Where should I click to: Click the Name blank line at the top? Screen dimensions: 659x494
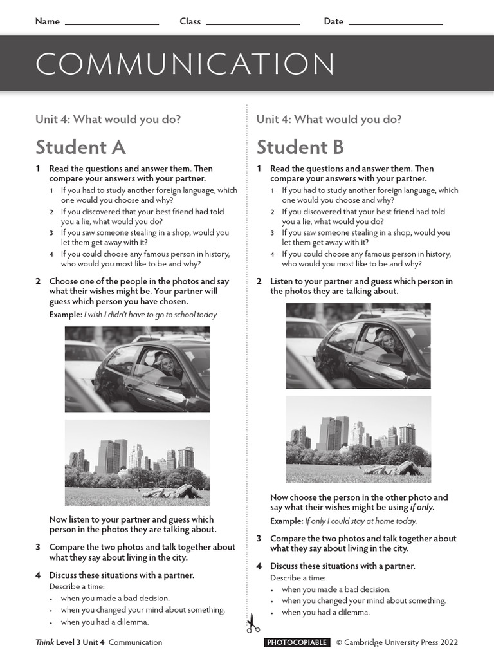(112, 24)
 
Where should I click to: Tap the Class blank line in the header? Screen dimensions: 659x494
(252, 24)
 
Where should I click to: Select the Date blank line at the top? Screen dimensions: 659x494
(395, 24)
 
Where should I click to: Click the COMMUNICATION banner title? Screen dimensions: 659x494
(185, 65)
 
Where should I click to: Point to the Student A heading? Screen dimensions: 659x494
(80, 147)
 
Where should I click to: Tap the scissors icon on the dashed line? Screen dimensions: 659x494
(252, 623)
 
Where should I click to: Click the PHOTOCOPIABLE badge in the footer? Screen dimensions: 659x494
(297, 642)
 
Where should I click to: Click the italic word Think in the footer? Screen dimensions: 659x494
(44, 642)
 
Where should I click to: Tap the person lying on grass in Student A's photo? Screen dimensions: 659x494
(172, 492)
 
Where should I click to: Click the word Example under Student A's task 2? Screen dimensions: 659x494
(65, 315)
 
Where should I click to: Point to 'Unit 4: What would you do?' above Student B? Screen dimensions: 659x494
(329, 119)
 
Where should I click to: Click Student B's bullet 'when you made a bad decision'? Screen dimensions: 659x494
(336, 589)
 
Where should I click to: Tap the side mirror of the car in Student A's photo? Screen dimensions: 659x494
(169, 382)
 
